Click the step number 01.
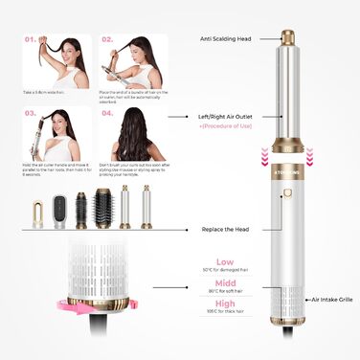[30, 40]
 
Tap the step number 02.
[107, 40]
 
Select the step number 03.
[30, 112]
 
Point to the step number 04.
[107, 112]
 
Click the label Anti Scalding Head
[226, 39]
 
